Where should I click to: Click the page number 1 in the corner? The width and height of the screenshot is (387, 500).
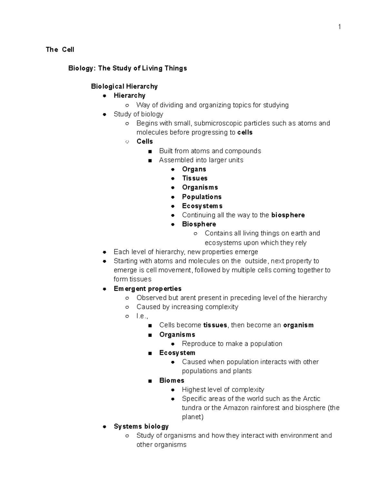tap(339, 27)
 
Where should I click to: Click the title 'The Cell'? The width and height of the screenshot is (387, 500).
tap(60, 50)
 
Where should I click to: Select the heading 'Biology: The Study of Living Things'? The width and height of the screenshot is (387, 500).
tap(127, 68)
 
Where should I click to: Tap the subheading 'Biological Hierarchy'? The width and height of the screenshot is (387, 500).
tap(124, 86)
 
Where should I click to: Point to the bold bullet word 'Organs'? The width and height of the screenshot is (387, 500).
tap(194, 169)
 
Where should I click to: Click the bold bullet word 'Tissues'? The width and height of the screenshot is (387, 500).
tap(194, 178)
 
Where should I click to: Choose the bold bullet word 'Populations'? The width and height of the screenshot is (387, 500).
tap(202, 197)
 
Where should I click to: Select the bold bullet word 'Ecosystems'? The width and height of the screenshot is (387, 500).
tap(202, 206)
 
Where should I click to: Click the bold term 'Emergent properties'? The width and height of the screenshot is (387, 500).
tap(147, 288)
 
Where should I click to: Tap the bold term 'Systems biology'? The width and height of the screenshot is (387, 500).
tap(141, 426)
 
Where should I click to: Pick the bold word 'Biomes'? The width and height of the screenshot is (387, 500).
tap(172, 380)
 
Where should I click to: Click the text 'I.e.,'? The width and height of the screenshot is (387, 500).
tap(142, 316)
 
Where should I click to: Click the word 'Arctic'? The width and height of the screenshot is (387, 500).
tap(311, 399)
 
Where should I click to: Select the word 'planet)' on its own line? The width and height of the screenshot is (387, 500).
tap(193, 417)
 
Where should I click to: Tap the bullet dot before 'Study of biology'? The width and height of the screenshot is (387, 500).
tap(104, 114)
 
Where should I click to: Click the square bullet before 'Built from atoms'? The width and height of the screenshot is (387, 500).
tap(150, 151)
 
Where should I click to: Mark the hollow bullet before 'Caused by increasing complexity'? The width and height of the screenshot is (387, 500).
tap(127, 307)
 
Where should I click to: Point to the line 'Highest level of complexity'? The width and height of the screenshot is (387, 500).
tap(223, 390)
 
